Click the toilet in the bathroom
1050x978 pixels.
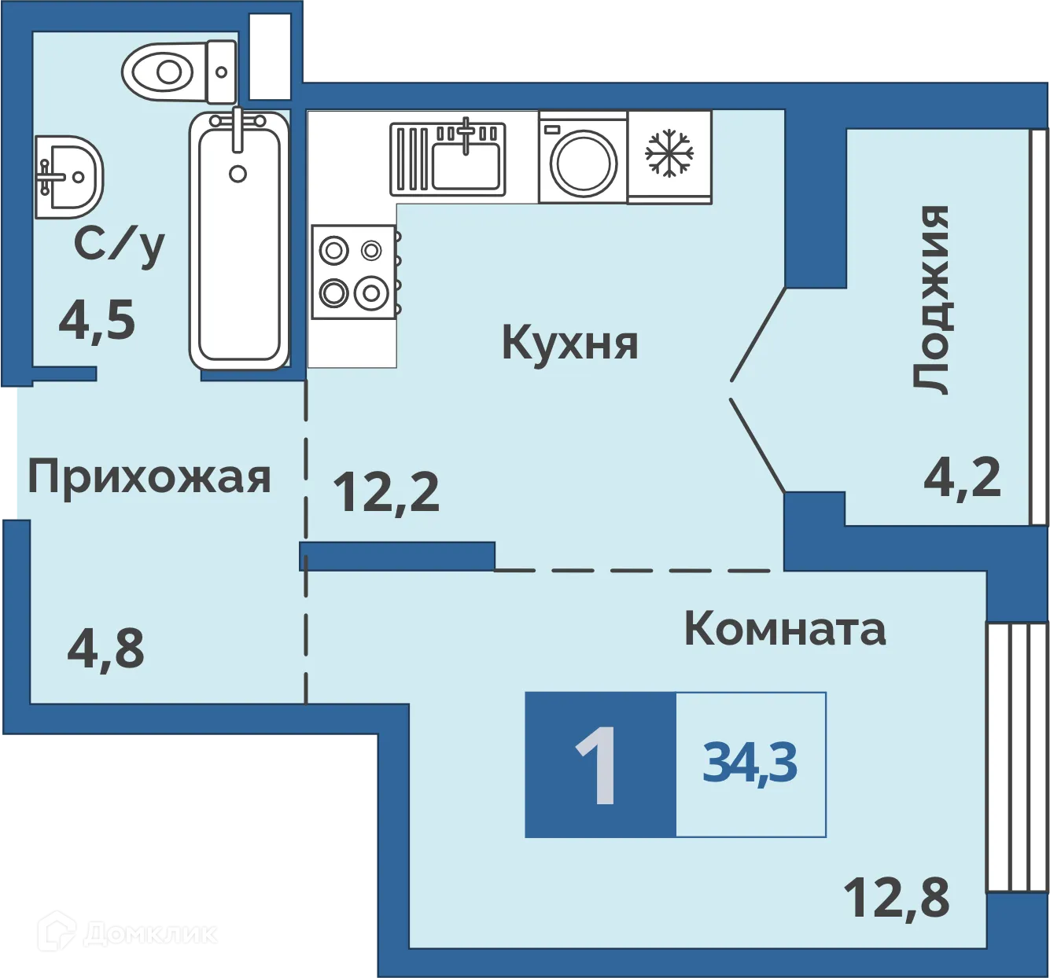(x=178, y=72)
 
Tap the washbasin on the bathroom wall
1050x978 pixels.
(x=69, y=177)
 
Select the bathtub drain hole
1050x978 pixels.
(x=238, y=175)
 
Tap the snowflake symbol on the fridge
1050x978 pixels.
(x=669, y=153)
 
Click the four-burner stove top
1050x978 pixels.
(x=353, y=272)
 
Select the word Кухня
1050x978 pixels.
(x=570, y=344)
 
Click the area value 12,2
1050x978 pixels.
(x=386, y=492)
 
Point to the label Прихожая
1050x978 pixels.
(x=149, y=476)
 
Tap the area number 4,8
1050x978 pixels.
(x=106, y=649)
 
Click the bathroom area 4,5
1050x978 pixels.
(x=98, y=321)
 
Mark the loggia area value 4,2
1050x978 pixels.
(x=963, y=477)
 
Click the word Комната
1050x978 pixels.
(x=785, y=629)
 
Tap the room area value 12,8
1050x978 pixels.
(x=897, y=898)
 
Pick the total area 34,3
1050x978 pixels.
(x=750, y=763)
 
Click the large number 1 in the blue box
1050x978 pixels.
(x=597, y=764)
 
